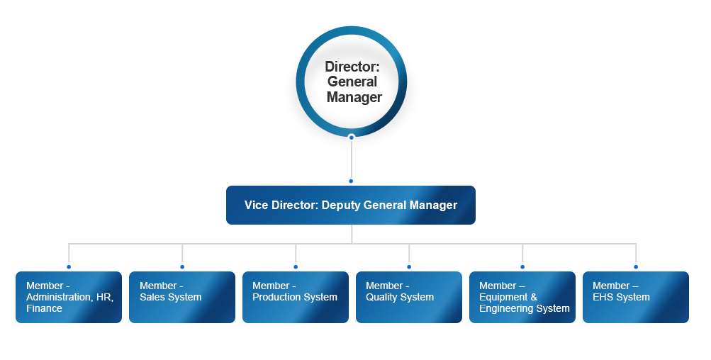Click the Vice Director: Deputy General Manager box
coord(351,206)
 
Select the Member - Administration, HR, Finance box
coord(69,298)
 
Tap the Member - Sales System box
coord(182,298)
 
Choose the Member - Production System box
coord(296,298)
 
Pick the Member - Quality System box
coord(409,298)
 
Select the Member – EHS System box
coord(636,298)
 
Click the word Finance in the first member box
coord(44,309)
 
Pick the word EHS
coord(604,298)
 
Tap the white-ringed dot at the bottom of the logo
coord(351,137)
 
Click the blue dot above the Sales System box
coord(182,268)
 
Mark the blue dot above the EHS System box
coord(636,268)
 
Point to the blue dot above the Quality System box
coord(409,268)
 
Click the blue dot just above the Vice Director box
coord(351,182)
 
